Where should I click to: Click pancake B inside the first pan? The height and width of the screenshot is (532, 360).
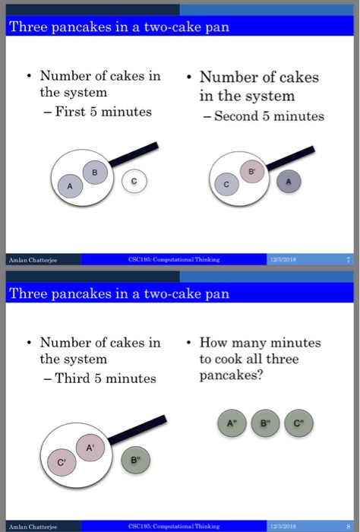94,172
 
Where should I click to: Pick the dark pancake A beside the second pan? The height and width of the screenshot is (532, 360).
288,181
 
